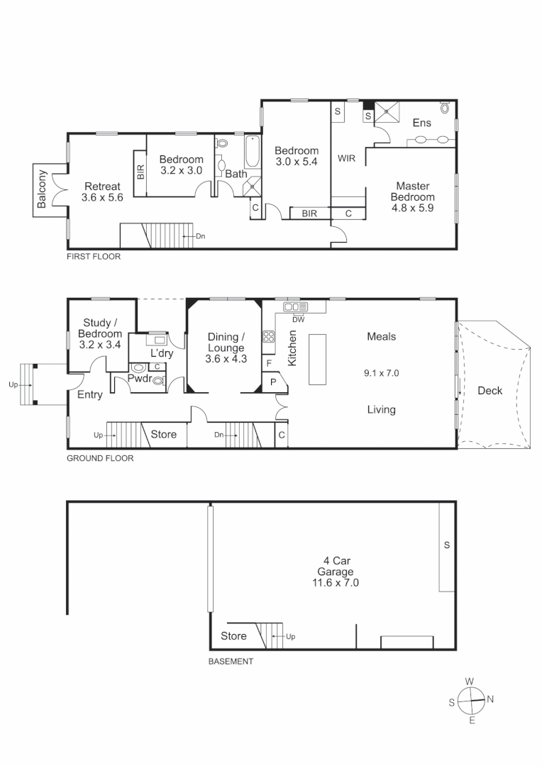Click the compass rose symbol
(x=470, y=701)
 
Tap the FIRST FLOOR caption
(x=94, y=257)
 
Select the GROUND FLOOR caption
(x=100, y=458)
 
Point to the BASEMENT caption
(x=231, y=662)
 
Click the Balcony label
(x=42, y=189)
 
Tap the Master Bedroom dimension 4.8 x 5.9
(x=412, y=208)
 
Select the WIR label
(x=346, y=158)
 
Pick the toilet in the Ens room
(x=445, y=108)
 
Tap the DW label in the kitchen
(x=297, y=319)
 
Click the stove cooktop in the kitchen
(x=269, y=338)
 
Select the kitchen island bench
(x=316, y=359)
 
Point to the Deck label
(x=490, y=391)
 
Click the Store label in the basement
(x=233, y=635)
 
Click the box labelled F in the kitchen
(x=268, y=363)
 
